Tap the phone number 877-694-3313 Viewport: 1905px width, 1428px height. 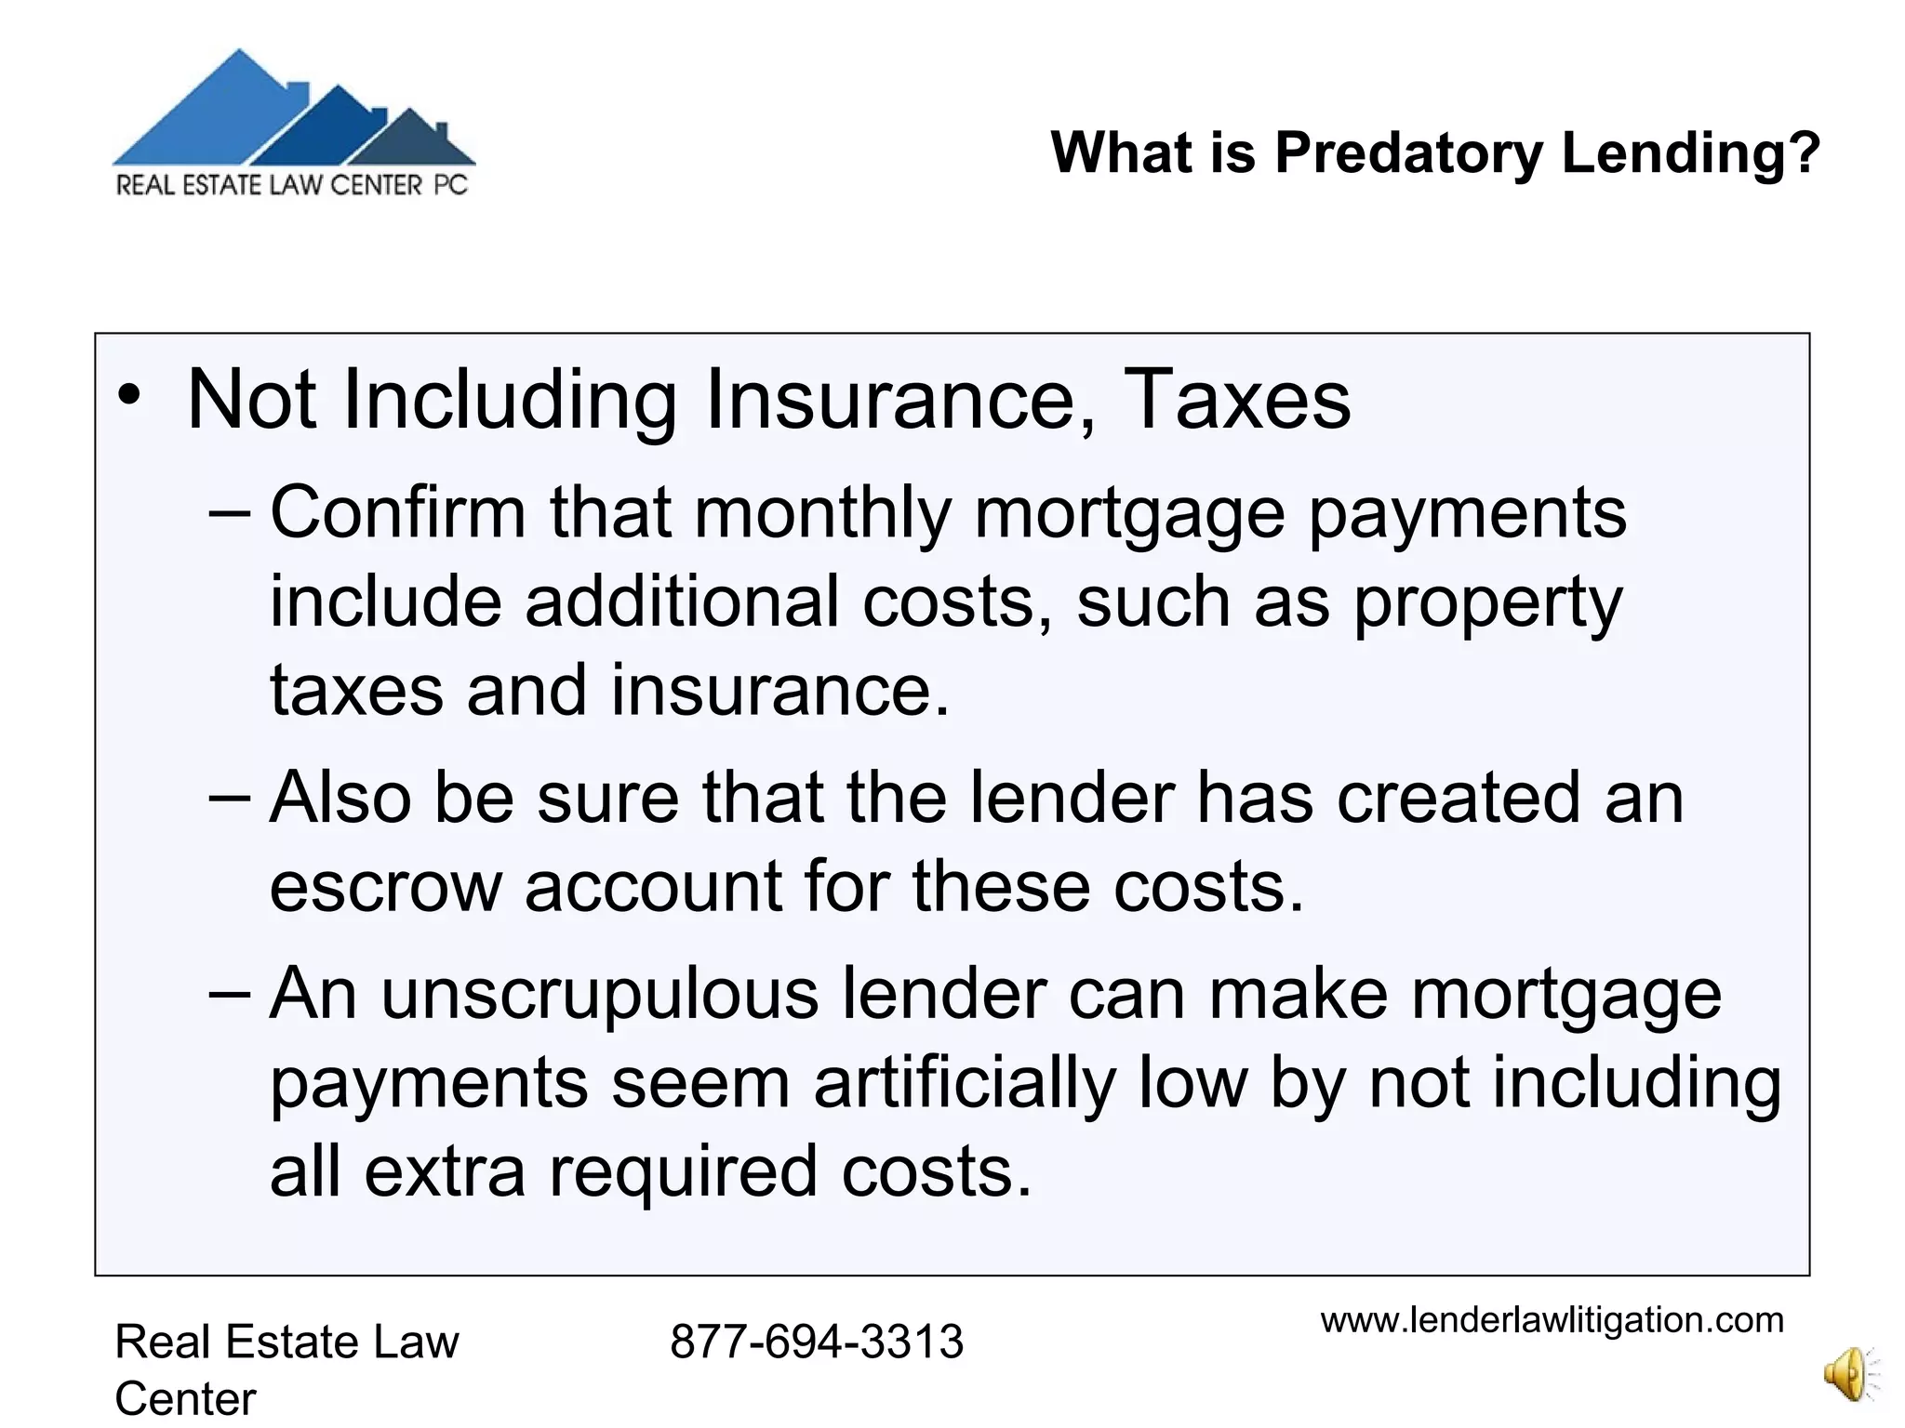816,1342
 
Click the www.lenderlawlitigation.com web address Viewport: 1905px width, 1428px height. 1552,1320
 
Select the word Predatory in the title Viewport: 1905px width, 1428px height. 1408,153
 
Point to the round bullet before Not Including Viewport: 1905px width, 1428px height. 130,396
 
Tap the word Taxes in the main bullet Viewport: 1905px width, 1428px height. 1237,400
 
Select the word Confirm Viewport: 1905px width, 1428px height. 398,512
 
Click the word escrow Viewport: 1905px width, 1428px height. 385,886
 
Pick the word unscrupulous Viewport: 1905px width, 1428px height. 600,994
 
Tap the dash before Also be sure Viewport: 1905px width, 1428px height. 230,797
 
